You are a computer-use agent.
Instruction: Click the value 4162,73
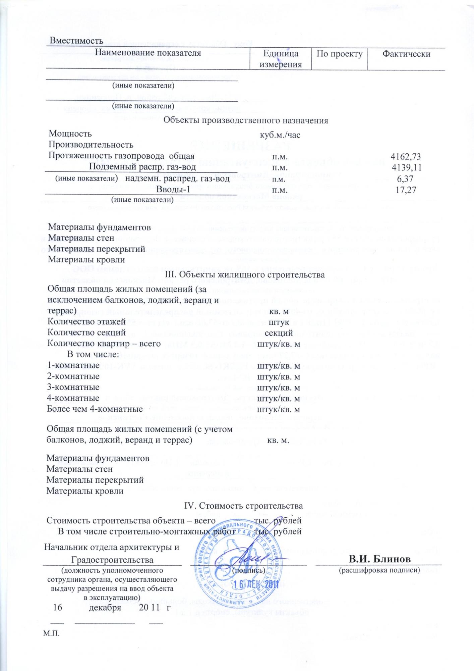click(406, 156)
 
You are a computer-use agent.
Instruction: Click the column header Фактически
click(406, 54)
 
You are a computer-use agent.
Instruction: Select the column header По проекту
click(339, 54)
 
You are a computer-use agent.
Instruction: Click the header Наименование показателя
click(148, 53)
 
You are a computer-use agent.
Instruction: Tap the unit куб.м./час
click(280, 135)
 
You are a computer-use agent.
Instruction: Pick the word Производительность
click(91, 145)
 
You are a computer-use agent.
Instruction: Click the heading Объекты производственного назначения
click(245, 120)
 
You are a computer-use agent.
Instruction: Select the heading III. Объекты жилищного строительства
click(245, 275)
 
